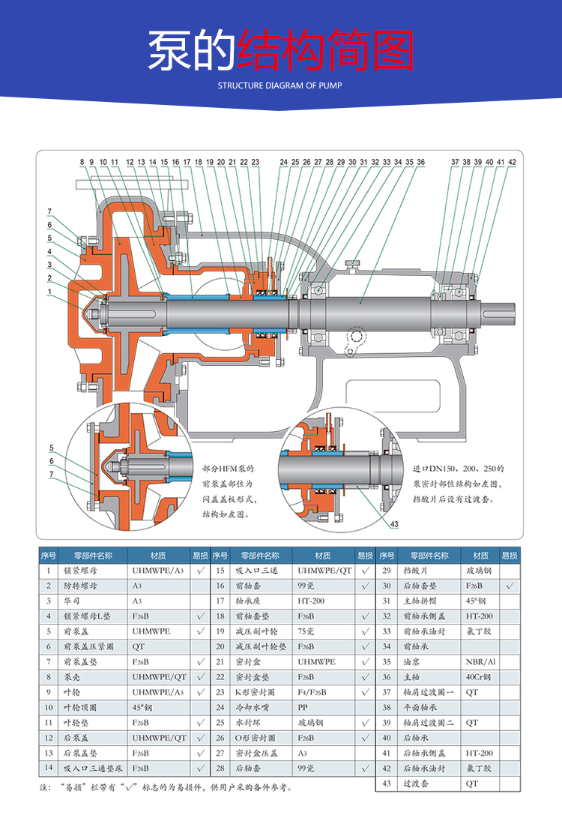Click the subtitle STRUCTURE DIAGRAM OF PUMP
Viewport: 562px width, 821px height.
tap(280, 85)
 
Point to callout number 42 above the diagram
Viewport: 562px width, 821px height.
tap(512, 161)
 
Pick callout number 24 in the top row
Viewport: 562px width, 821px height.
tap(284, 161)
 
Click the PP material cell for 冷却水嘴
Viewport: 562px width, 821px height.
tap(303, 707)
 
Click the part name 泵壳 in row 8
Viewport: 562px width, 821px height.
tap(71, 677)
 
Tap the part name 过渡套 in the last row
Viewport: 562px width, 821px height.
tap(414, 783)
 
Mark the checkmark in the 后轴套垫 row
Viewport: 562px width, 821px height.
tap(509, 586)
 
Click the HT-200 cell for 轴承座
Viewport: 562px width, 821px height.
tap(309, 601)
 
